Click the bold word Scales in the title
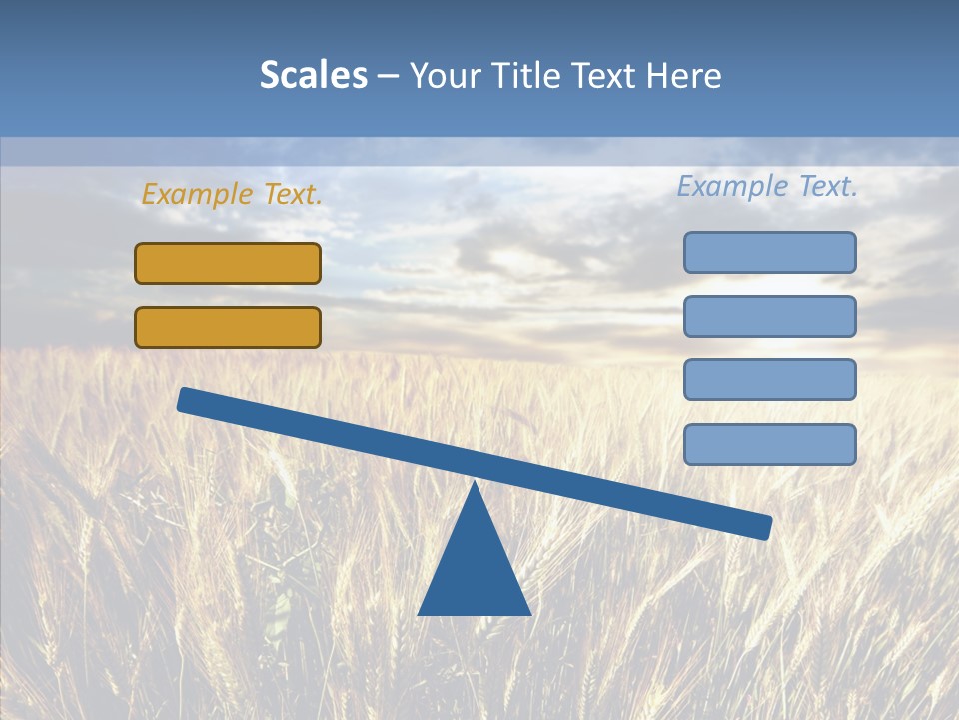pyautogui.click(x=314, y=76)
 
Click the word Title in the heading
pyautogui.click(x=518, y=76)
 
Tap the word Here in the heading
pyautogui.click(x=683, y=76)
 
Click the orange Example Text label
pyautogui.click(x=232, y=195)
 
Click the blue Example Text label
pyautogui.click(x=767, y=186)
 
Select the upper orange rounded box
pyautogui.click(x=228, y=263)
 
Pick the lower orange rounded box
pyautogui.click(x=228, y=327)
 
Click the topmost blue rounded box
pyautogui.click(x=769, y=252)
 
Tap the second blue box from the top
pyautogui.click(x=769, y=316)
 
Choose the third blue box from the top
pyautogui.click(x=769, y=379)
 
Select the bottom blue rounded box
pyautogui.click(x=769, y=444)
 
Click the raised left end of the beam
pyautogui.click(x=186, y=400)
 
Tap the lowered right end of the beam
pyautogui.click(x=763, y=526)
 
